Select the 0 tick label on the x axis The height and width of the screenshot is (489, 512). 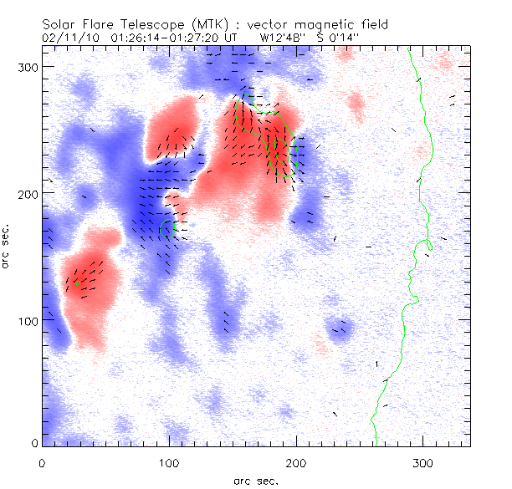pyautogui.click(x=42, y=461)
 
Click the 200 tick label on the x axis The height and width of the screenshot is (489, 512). pyautogui.click(x=296, y=461)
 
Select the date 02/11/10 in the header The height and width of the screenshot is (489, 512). pyautogui.click(x=64, y=38)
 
